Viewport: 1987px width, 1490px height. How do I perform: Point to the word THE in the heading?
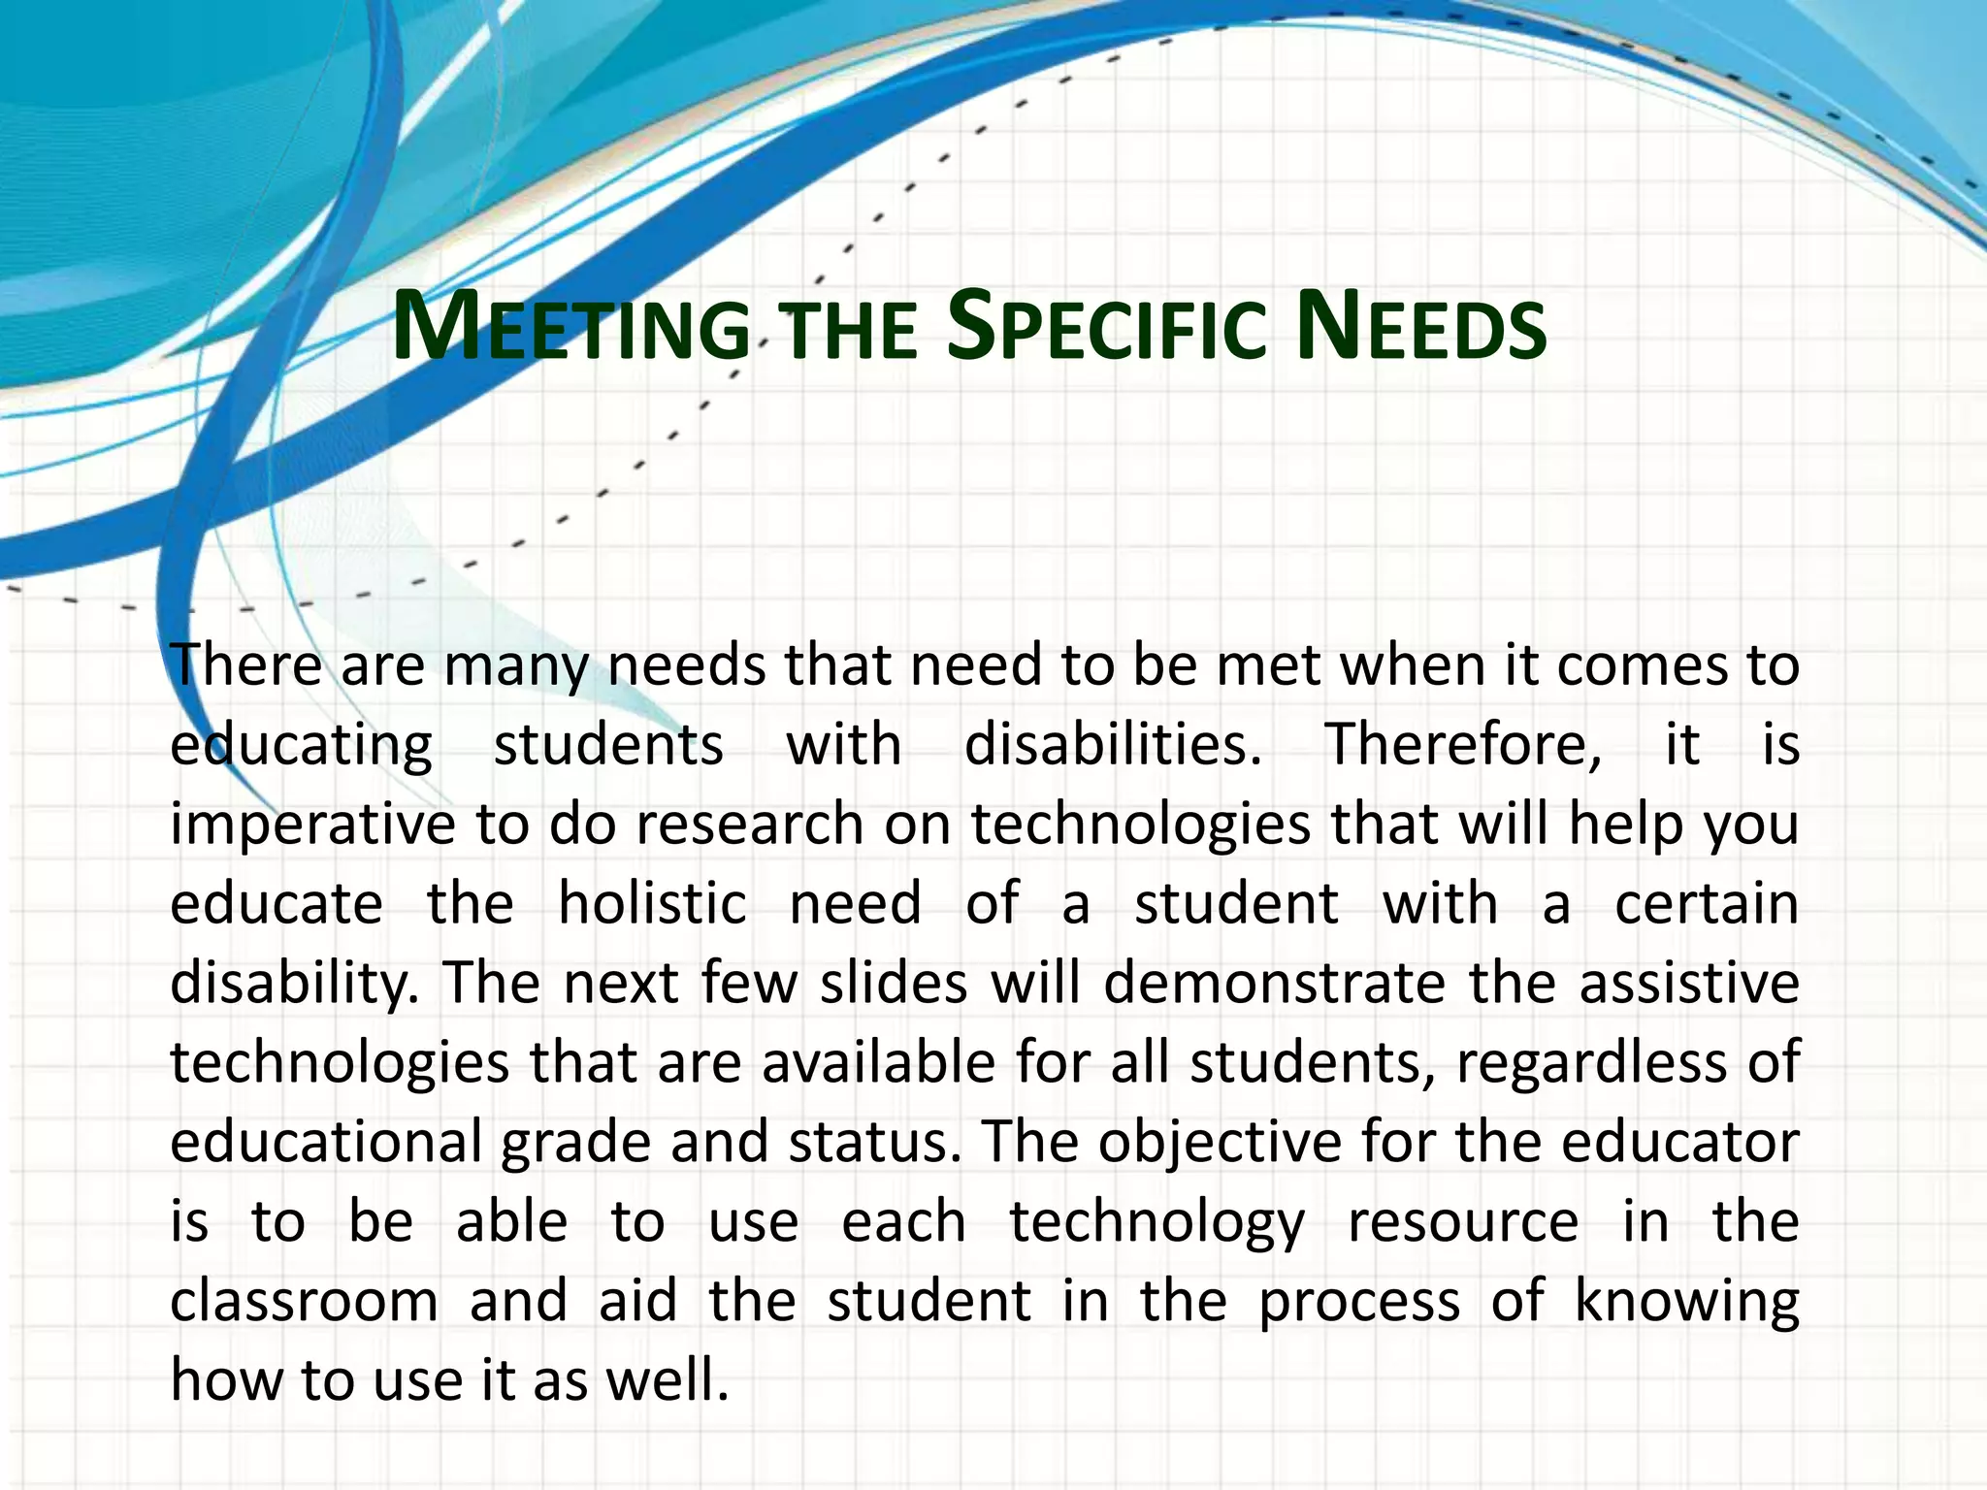(850, 330)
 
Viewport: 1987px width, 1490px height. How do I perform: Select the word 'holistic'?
(652, 904)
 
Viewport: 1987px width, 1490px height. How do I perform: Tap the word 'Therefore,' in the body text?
(1463, 746)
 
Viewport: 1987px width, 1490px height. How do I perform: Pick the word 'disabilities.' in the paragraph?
(1113, 746)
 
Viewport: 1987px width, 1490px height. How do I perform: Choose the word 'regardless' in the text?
(1591, 1063)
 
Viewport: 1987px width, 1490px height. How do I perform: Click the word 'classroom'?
(304, 1302)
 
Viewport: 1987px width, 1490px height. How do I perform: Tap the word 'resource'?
(1463, 1222)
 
